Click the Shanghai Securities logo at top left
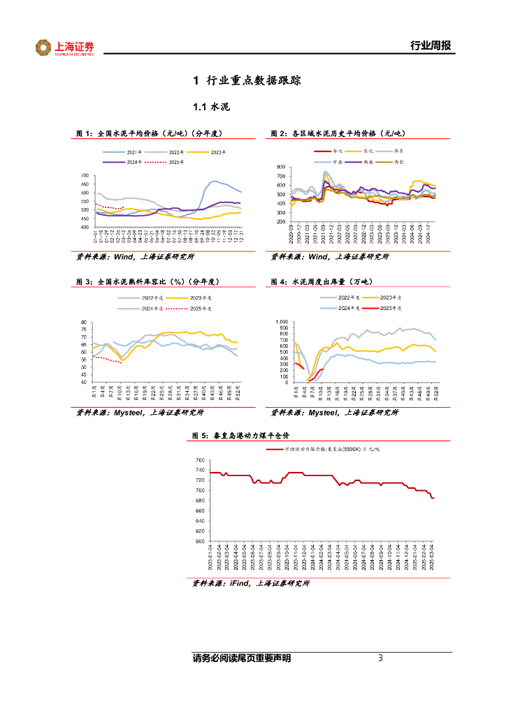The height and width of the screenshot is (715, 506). click(64, 47)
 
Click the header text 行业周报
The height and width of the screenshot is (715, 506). click(430, 46)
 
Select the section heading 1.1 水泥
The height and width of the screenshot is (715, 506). click(211, 108)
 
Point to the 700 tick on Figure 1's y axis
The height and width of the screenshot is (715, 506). click(85, 176)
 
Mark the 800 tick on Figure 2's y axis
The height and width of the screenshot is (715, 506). click(281, 168)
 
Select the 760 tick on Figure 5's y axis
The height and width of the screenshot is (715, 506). click(200, 461)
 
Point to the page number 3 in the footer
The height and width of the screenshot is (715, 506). click(380, 658)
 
